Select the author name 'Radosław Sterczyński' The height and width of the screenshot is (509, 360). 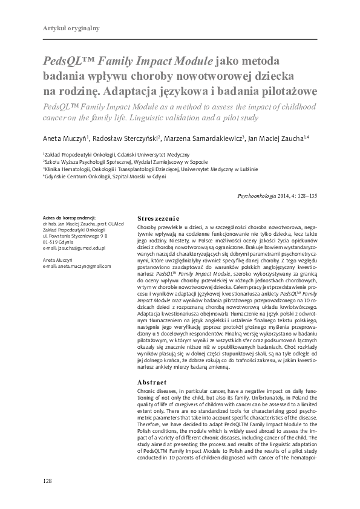tap(129, 138)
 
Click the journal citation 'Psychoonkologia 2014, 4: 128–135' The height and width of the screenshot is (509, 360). tap(279, 196)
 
